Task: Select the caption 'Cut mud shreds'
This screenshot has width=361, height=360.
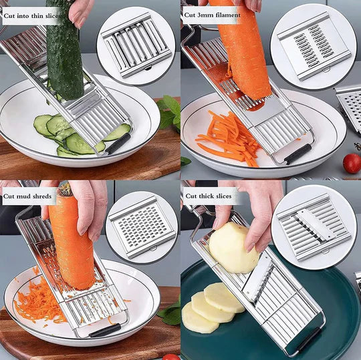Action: coord(27,196)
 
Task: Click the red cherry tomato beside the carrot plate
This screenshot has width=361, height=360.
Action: coord(352,162)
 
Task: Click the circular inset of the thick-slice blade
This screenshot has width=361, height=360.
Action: coord(313,226)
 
